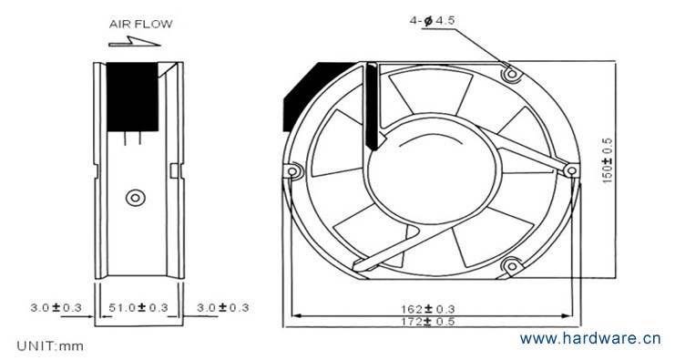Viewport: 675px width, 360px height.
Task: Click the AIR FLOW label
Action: click(x=141, y=24)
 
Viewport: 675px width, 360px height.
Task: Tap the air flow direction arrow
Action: click(x=134, y=42)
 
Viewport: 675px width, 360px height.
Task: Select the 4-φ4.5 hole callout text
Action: click(x=432, y=20)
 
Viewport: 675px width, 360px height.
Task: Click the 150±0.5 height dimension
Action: click(x=607, y=161)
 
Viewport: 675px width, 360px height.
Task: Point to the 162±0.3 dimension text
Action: click(x=427, y=309)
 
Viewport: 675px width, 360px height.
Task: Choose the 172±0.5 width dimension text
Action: click(x=427, y=321)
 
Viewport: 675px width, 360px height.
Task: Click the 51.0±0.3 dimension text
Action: click(x=138, y=307)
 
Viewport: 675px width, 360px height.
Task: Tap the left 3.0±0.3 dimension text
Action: click(x=56, y=307)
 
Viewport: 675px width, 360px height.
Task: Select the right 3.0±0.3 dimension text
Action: click(x=223, y=307)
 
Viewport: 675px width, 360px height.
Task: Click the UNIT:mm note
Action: click(x=50, y=345)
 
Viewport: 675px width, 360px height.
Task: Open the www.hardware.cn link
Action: click(x=590, y=338)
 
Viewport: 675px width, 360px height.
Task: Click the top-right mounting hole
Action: click(x=512, y=75)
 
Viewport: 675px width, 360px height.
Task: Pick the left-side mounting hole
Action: click(x=292, y=171)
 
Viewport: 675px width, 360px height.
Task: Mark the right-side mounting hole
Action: click(x=572, y=171)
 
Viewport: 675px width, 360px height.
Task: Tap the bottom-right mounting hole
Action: click(x=512, y=266)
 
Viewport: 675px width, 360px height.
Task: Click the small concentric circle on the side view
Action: click(x=136, y=198)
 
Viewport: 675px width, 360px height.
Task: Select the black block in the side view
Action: click(x=132, y=97)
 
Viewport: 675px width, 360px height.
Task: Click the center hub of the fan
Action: click(x=434, y=170)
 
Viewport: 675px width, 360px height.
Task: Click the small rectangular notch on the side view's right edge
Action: click(x=173, y=170)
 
